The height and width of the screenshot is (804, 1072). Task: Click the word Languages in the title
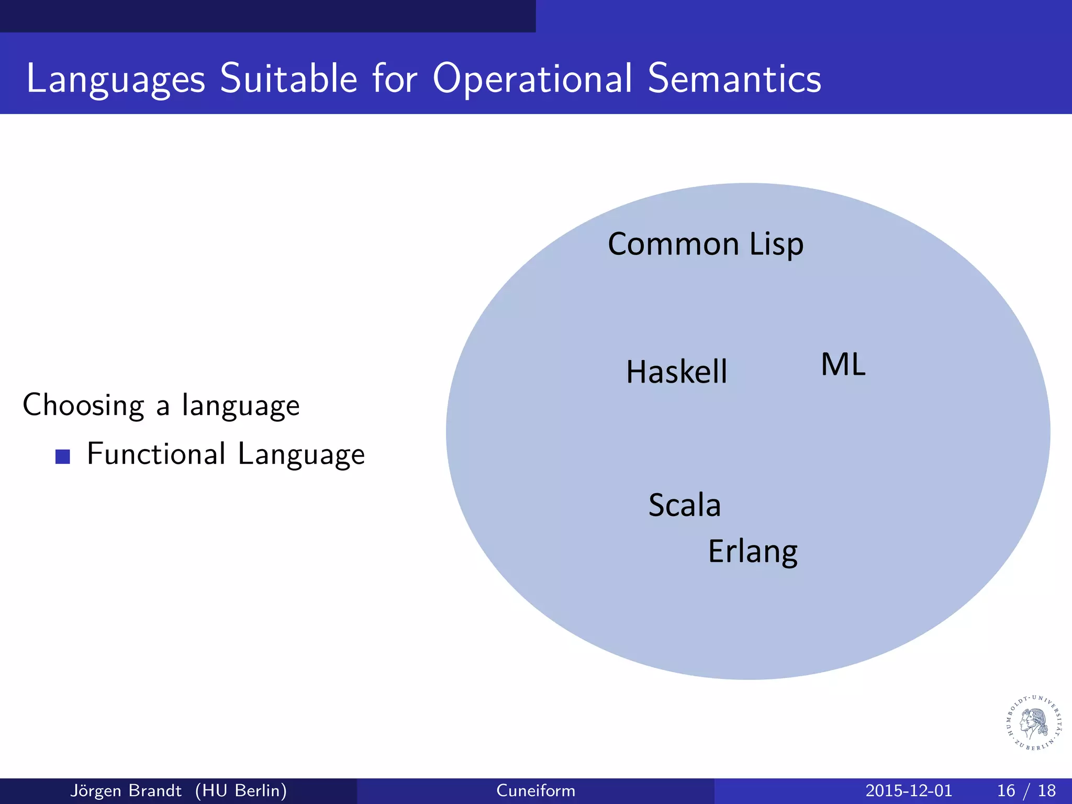click(x=116, y=79)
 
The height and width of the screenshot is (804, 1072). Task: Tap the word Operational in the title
click(x=532, y=79)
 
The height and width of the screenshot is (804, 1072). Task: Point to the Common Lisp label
click(x=705, y=244)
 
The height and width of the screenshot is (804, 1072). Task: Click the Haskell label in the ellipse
click(x=676, y=372)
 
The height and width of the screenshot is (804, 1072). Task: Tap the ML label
click(x=843, y=364)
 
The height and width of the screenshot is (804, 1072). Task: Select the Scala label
click(x=684, y=505)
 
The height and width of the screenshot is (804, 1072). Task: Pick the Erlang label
click(x=752, y=552)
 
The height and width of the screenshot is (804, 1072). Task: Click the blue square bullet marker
click(x=63, y=456)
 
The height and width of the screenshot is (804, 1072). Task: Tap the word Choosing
click(x=83, y=405)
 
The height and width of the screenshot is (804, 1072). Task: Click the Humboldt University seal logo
click(x=1034, y=723)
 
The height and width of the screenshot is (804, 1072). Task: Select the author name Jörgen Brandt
click(x=126, y=790)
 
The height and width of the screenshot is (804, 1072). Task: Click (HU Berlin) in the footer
click(x=241, y=790)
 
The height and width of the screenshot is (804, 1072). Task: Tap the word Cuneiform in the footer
click(x=535, y=790)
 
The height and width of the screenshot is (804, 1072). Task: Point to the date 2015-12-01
click(x=908, y=790)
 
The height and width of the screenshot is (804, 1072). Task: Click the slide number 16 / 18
click(x=1026, y=790)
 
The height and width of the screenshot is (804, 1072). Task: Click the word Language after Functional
click(x=301, y=454)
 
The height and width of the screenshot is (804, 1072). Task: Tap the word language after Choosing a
click(x=241, y=406)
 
